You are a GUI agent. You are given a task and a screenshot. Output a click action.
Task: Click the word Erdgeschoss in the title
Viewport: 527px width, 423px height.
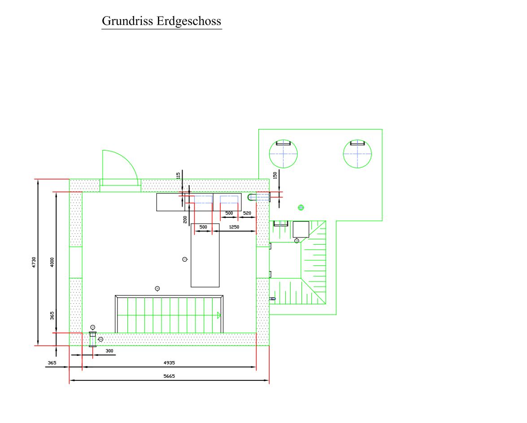(189, 21)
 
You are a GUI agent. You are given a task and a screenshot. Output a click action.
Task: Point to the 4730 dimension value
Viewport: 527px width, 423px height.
(34, 262)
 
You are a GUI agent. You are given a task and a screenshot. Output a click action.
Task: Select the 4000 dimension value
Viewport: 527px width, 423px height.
(52, 262)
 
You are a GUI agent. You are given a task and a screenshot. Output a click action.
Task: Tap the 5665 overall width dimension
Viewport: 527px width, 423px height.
(169, 376)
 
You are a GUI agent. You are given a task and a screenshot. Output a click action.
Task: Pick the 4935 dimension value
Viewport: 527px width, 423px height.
(169, 363)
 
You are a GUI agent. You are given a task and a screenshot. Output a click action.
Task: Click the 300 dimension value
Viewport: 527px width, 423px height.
(109, 351)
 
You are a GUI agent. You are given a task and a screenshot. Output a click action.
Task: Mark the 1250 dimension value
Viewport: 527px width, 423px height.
(234, 227)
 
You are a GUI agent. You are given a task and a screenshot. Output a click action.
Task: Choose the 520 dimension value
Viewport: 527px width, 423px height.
(247, 213)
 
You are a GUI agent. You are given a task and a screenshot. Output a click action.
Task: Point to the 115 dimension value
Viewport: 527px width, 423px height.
(179, 176)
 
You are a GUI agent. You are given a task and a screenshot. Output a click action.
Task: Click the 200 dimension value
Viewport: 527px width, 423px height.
(185, 219)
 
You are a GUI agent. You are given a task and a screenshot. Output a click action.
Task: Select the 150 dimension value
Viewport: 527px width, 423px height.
(275, 175)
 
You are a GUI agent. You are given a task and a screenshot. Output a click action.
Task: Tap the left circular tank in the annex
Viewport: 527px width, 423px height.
(283, 154)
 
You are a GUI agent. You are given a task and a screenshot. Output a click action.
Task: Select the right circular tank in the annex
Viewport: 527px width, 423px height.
(357, 154)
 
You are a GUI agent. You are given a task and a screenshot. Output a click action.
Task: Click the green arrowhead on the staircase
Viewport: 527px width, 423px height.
(219, 315)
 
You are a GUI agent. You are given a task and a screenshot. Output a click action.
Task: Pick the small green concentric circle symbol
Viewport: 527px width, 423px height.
(301, 207)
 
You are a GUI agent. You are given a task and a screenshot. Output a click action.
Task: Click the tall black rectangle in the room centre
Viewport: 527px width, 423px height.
(205, 255)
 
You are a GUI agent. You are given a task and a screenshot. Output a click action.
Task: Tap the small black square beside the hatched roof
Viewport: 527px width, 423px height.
(301, 229)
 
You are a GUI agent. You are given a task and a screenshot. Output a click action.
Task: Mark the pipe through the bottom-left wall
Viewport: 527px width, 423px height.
(93, 339)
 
